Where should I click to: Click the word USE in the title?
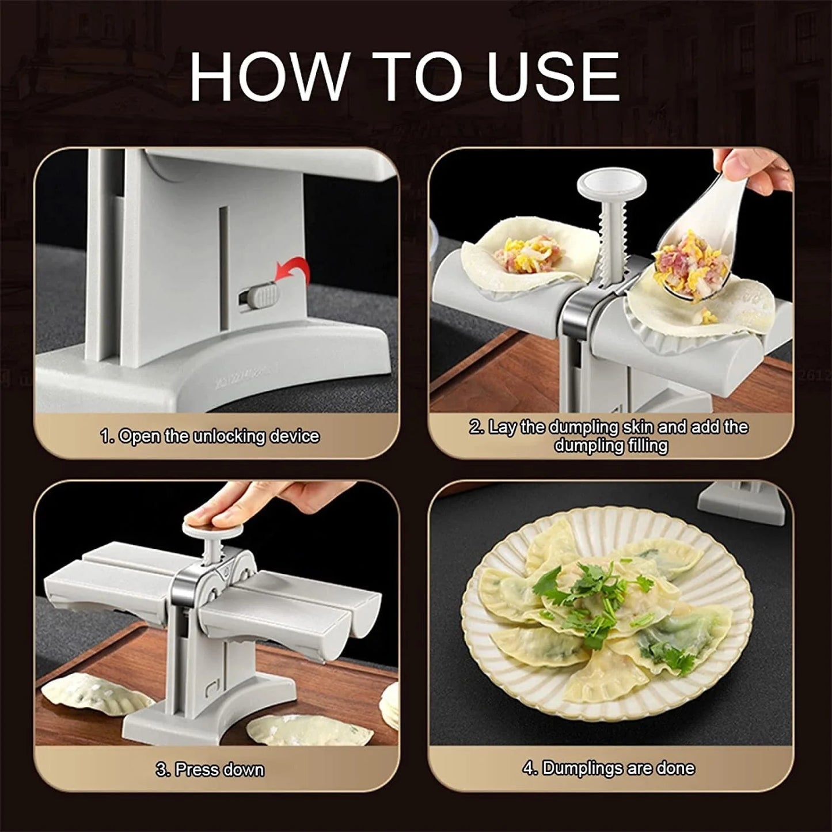(x=553, y=77)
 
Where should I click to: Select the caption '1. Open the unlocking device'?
(x=210, y=436)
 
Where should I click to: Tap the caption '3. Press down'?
(x=210, y=769)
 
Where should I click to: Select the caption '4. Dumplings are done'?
(x=609, y=768)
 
